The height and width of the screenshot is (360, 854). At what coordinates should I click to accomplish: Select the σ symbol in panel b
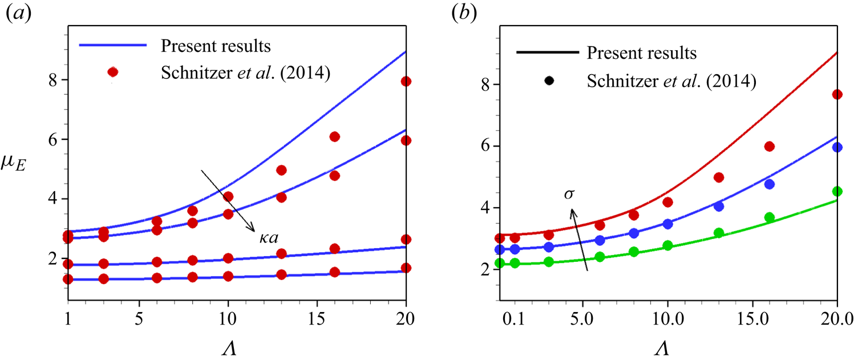(x=569, y=195)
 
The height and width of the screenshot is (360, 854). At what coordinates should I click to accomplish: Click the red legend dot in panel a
(x=113, y=72)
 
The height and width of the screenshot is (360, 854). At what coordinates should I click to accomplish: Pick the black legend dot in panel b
(x=549, y=80)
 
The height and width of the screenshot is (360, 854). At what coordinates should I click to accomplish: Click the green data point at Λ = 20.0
(x=837, y=192)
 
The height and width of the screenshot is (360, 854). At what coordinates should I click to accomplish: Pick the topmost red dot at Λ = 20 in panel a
(x=406, y=81)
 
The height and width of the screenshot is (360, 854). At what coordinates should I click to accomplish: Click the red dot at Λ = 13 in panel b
(x=719, y=177)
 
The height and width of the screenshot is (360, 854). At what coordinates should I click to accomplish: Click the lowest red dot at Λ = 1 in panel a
(x=68, y=279)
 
